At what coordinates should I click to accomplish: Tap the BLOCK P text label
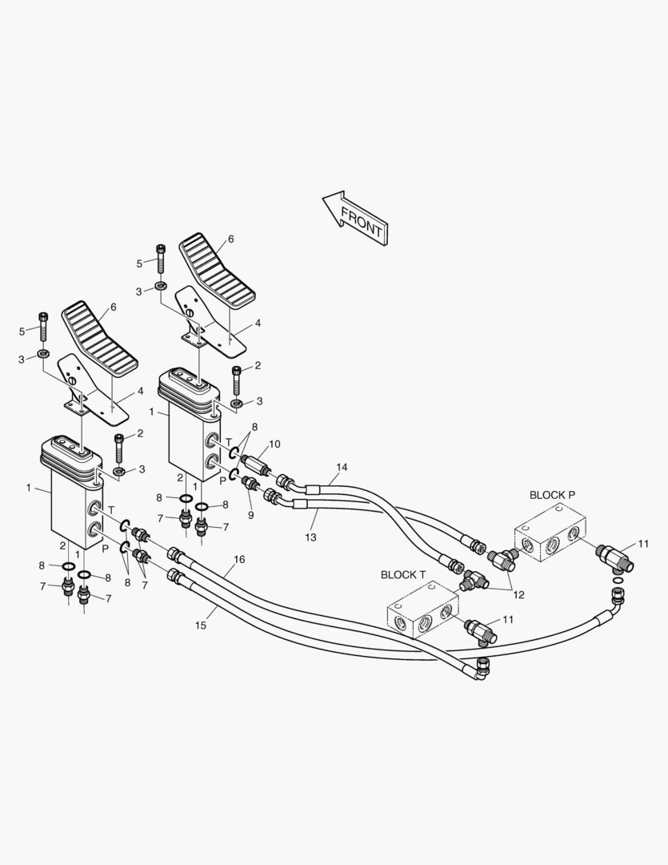coord(552,495)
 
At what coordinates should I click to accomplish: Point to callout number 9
coord(250,515)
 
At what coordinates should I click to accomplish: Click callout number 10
coord(274,444)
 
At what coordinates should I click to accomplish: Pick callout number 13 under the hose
coord(310,537)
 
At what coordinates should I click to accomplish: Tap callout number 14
coord(342,467)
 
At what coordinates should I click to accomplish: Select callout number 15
coord(201,625)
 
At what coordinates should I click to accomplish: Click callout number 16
coord(238,559)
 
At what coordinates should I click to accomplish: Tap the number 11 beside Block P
coord(644,544)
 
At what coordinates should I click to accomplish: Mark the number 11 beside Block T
coord(509,620)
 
